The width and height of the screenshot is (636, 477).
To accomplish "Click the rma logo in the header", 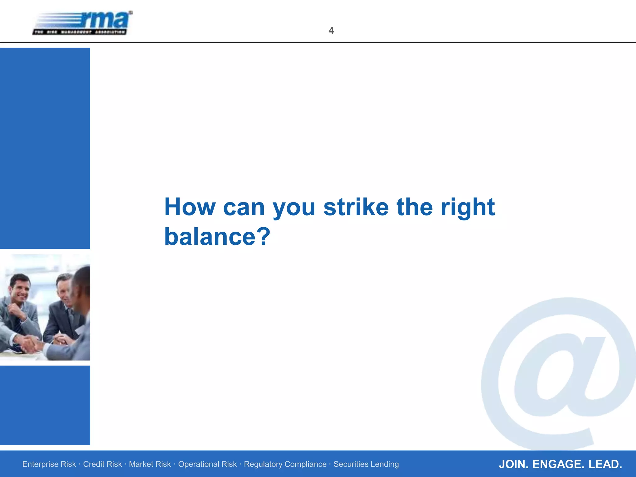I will click(x=82, y=23).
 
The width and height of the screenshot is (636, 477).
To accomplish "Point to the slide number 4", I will click(x=331, y=30).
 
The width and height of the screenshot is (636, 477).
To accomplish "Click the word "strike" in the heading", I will click(x=356, y=207).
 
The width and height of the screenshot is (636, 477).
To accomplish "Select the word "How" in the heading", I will click(x=190, y=207).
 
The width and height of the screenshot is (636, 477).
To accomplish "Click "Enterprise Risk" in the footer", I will click(x=49, y=464).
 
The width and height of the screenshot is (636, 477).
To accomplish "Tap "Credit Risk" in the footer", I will click(x=102, y=464).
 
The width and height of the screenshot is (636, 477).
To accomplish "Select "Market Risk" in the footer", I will click(x=150, y=464).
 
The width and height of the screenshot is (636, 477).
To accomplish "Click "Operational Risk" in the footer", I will click(x=207, y=464).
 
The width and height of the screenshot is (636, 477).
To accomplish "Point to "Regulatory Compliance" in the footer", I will click(x=285, y=464).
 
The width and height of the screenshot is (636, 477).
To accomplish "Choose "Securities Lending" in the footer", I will click(x=366, y=464).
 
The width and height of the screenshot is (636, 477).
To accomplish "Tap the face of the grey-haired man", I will click(x=64, y=290).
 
